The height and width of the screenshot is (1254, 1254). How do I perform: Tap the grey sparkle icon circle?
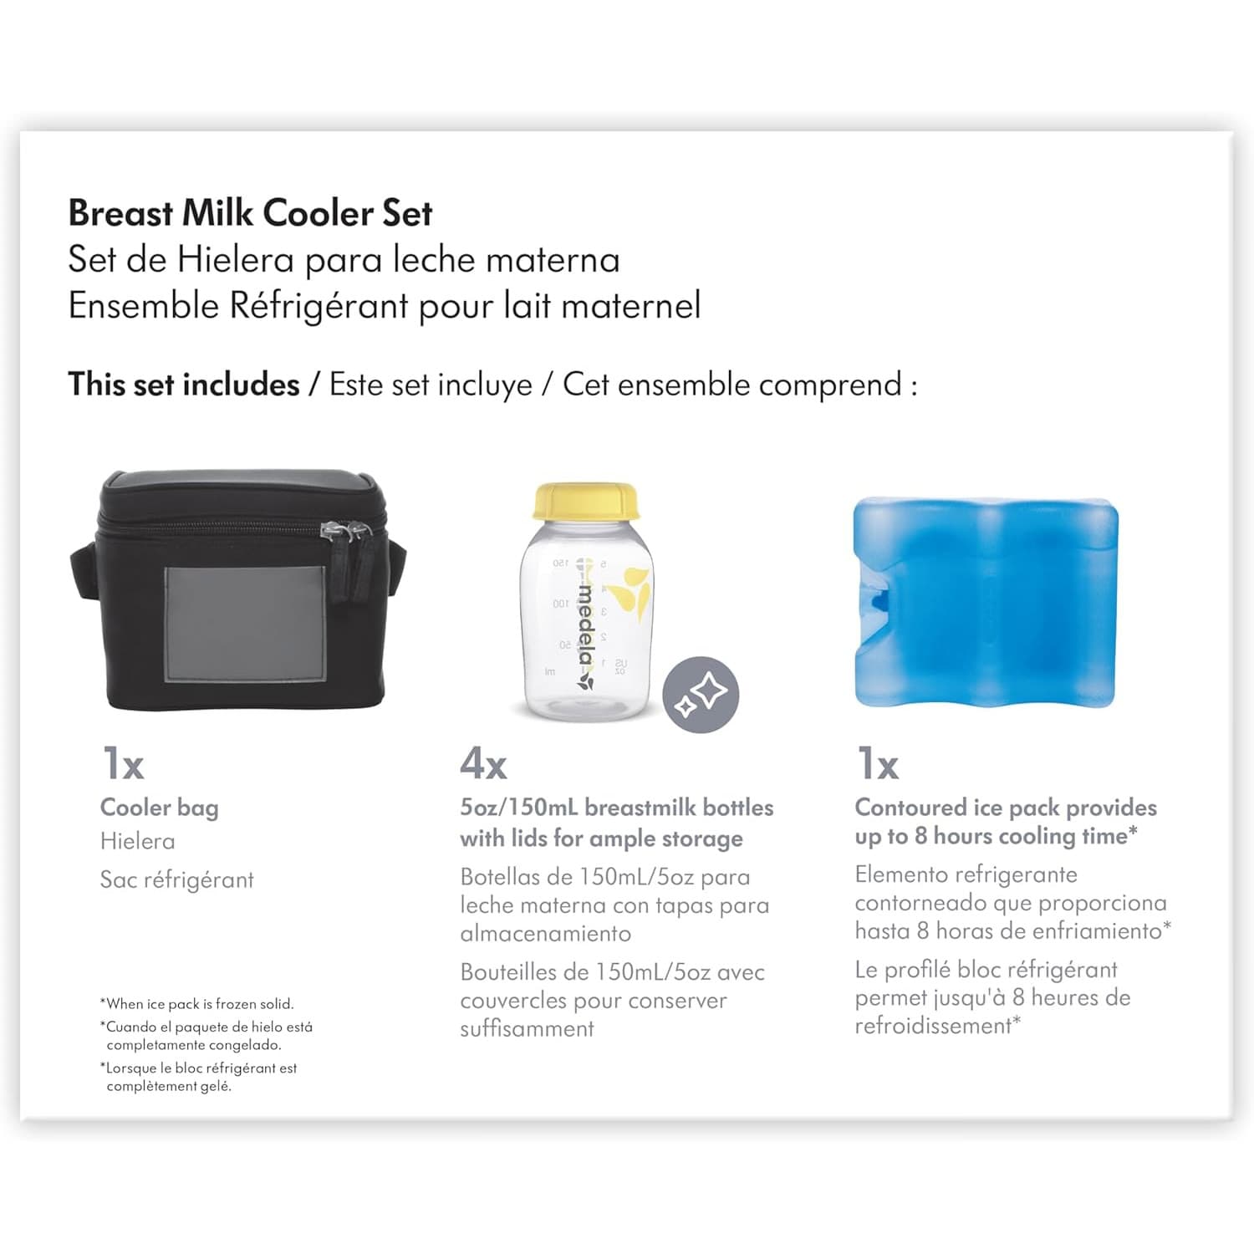pos(701,695)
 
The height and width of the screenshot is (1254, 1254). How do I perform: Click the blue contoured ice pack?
pos(985,603)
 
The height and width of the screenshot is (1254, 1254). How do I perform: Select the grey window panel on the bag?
pos(245,624)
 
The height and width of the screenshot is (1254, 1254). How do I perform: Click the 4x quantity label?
pos(483,763)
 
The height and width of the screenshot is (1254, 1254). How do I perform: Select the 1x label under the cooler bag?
pos(123,763)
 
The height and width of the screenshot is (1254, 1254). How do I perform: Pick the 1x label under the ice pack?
pos(878,763)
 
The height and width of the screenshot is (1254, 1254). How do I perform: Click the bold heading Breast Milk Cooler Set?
pos(250,213)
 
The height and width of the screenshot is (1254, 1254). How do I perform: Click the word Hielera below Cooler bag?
pos(137,841)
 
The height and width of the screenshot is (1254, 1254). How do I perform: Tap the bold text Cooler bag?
pos(159,808)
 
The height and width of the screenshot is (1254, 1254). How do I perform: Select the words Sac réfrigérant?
pos(176,879)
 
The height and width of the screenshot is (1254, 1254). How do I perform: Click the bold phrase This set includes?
pos(184,385)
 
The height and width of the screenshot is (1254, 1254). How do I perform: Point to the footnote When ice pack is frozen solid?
pos(197,1004)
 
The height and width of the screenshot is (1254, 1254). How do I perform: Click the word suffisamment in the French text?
pos(527,1029)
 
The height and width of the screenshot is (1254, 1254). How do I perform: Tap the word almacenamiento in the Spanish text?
pos(545,934)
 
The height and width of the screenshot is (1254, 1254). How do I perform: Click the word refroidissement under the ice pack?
pos(933,1026)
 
